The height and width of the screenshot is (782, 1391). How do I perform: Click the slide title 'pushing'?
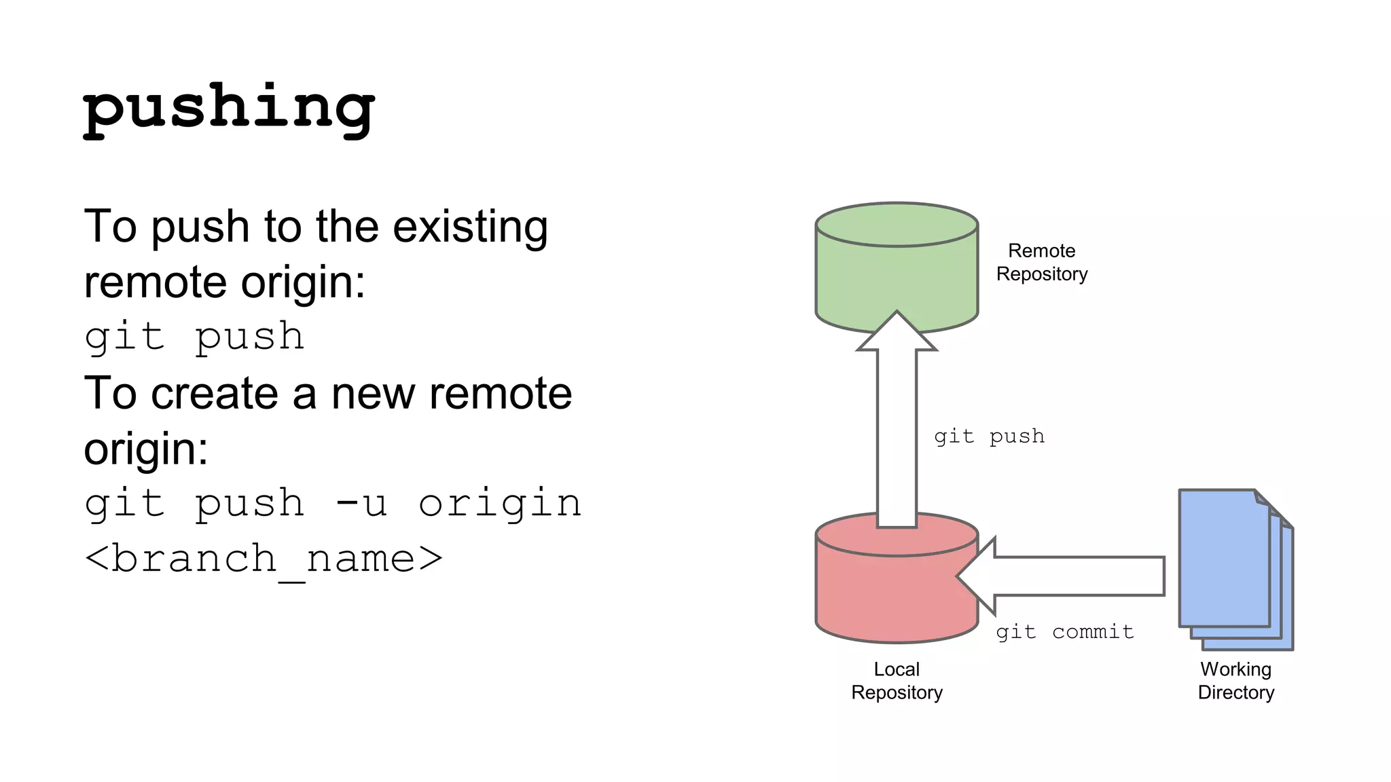tap(229, 109)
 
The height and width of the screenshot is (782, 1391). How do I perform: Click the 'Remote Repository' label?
tap(1042, 263)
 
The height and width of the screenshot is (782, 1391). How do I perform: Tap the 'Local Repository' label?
tap(897, 681)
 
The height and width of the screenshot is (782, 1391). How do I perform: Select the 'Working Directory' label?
tap(1236, 681)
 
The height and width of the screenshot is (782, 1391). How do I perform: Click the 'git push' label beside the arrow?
tap(989, 436)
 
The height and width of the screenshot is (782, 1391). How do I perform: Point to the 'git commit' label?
tap(1065, 632)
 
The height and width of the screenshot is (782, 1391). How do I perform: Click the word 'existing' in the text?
tap(470, 227)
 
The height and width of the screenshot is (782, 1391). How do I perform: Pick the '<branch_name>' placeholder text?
tap(264, 559)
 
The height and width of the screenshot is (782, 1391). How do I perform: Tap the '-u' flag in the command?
tap(361, 504)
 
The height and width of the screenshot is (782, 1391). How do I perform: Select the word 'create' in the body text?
tap(215, 394)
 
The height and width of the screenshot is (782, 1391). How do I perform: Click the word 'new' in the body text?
tap(374, 394)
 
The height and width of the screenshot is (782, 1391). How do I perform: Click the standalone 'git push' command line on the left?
tap(194, 337)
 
